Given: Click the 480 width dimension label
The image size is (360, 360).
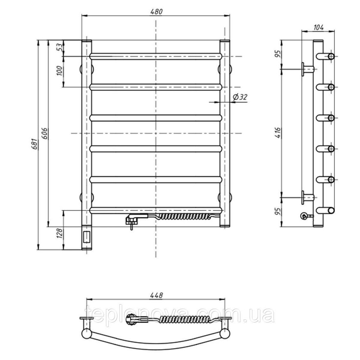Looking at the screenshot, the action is click(x=156, y=12).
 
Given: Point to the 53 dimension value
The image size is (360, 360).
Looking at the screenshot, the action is click(x=59, y=47).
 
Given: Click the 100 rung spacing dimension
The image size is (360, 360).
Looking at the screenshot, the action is click(x=59, y=71).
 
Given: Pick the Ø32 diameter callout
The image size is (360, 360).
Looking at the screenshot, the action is click(x=240, y=97).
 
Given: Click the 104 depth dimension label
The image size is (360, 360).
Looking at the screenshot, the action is click(x=319, y=27).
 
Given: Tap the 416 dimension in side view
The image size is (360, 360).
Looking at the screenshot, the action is click(x=278, y=132).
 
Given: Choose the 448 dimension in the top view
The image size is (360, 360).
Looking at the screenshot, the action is click(x=157, y=295).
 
